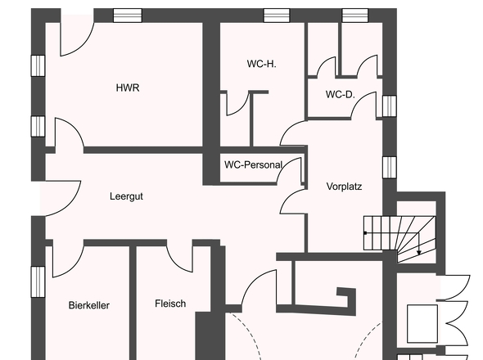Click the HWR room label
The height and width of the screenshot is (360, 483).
coord(128,88)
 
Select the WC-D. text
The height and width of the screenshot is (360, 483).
coord(340,95)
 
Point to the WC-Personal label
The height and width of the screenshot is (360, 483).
coord(253,164)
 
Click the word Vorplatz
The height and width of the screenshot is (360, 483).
coord(344,186)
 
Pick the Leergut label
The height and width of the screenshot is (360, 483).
coord(127,196)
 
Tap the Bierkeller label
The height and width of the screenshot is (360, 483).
coord(89,305)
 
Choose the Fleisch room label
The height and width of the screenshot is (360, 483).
coord(170,304)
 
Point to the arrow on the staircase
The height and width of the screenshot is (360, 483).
coord(419,250)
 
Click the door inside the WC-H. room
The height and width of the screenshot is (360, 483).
coord(237,103)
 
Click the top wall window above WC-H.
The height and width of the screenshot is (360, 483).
coord(277,16)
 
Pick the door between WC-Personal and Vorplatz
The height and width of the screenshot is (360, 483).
coord(292,196)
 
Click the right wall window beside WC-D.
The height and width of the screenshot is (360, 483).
coord(389,106)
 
